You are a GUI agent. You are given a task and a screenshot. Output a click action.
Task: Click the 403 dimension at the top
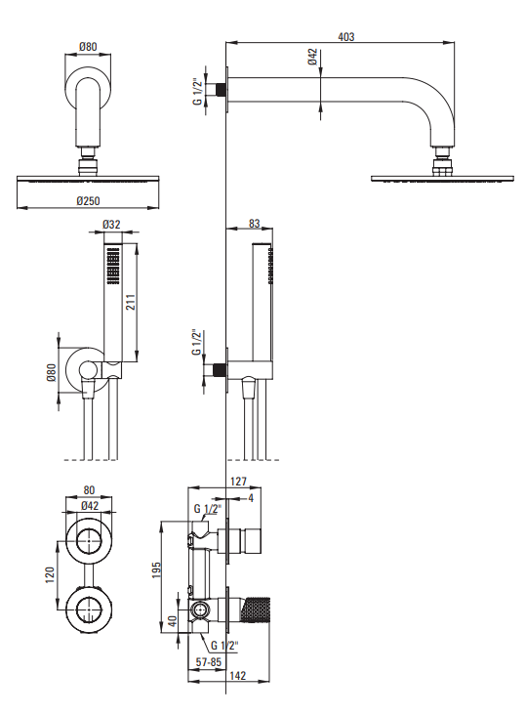(345, 36)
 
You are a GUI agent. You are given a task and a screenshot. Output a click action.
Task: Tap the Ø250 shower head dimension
(88, 200)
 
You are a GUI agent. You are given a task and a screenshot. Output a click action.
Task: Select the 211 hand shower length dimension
(131, 302)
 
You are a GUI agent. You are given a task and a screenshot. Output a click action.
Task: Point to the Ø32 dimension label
(111, 225)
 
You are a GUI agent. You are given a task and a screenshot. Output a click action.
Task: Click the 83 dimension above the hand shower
(255, 224)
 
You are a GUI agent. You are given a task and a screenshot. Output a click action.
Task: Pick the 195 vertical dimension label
(156, 570)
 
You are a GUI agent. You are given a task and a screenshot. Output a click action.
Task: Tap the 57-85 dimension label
(208, 662)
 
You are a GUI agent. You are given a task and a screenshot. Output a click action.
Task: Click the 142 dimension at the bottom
(238, 676)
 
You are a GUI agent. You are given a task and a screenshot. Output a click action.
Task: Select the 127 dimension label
(238, 482)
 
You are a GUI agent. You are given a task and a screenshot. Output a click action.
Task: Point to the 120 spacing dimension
(50, 575)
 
